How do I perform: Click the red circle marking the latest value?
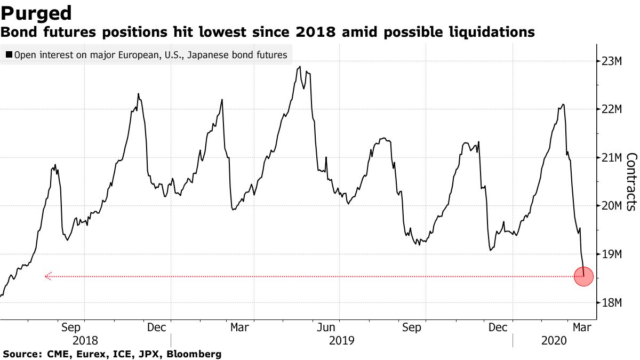point(583,276)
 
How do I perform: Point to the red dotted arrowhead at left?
point(47,276)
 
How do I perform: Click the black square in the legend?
point(9,55)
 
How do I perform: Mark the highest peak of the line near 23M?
point(300,67)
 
